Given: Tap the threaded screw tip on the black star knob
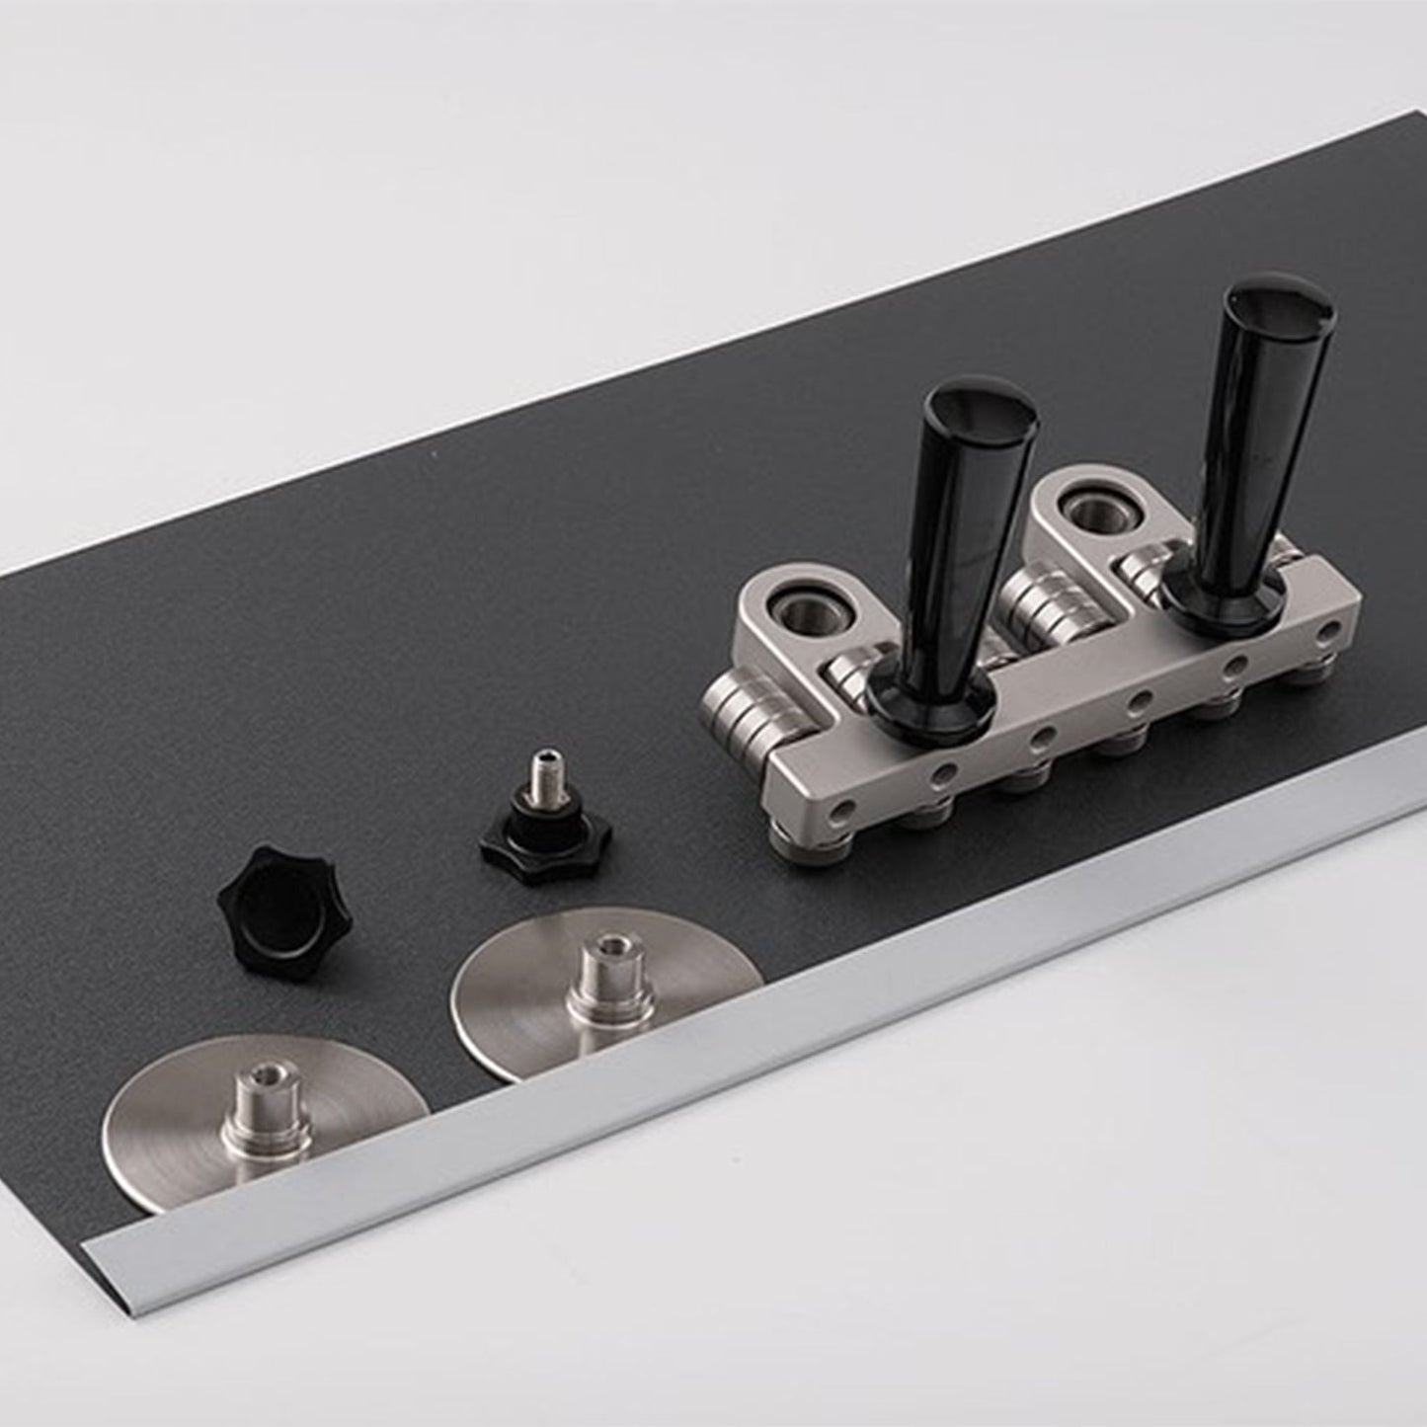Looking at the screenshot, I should [x=541, y=770].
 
